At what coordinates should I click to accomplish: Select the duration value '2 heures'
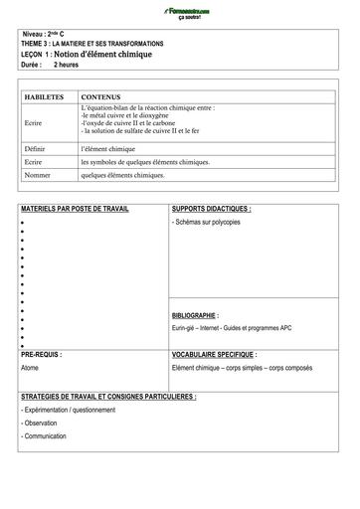coord(67,64)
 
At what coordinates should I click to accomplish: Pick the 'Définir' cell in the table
coord(36,147)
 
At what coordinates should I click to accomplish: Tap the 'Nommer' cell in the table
coord(38,174)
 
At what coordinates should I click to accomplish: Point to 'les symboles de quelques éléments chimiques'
coord(145,161)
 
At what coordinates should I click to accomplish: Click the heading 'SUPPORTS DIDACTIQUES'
coord(211,210)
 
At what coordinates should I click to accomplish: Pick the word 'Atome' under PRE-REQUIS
coord(30,368)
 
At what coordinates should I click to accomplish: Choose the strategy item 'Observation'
coord(41,423)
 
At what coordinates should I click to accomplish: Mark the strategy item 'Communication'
coord(46,436)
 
